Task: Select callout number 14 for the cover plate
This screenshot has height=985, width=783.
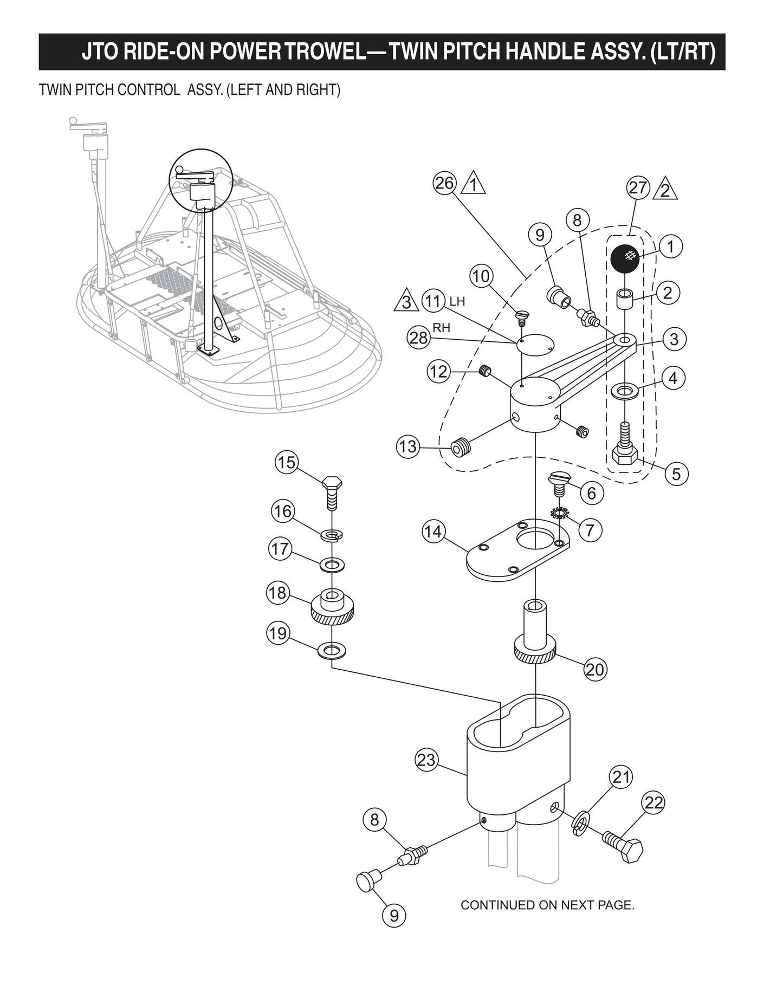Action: pyautogui.click(x=433, y=532)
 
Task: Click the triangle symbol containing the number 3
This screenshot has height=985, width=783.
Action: pyautogui.click(x=406, y=302)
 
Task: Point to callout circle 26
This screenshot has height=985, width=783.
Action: pyautogui.click(x=444, y=183)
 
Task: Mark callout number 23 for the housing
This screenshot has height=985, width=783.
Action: pyautogui.click(x=426, y=760)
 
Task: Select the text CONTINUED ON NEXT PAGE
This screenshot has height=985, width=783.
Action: pyautogui.click(x=547, y=905)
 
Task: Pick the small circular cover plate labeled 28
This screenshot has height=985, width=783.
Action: pyautogui.click(x=534, y=346)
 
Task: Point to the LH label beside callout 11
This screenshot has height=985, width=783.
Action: pyautogui.click(x=457, y=301)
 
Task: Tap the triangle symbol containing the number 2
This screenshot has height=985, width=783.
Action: pyautogui.click(x=666, y=190)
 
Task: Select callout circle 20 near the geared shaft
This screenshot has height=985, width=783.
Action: pyautogui.click(x=594, y=670)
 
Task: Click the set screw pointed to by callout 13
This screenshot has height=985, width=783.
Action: pyautogui.click(x=462, y=448)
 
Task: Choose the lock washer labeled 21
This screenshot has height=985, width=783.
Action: pyautogui.click(x=580, y=824)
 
